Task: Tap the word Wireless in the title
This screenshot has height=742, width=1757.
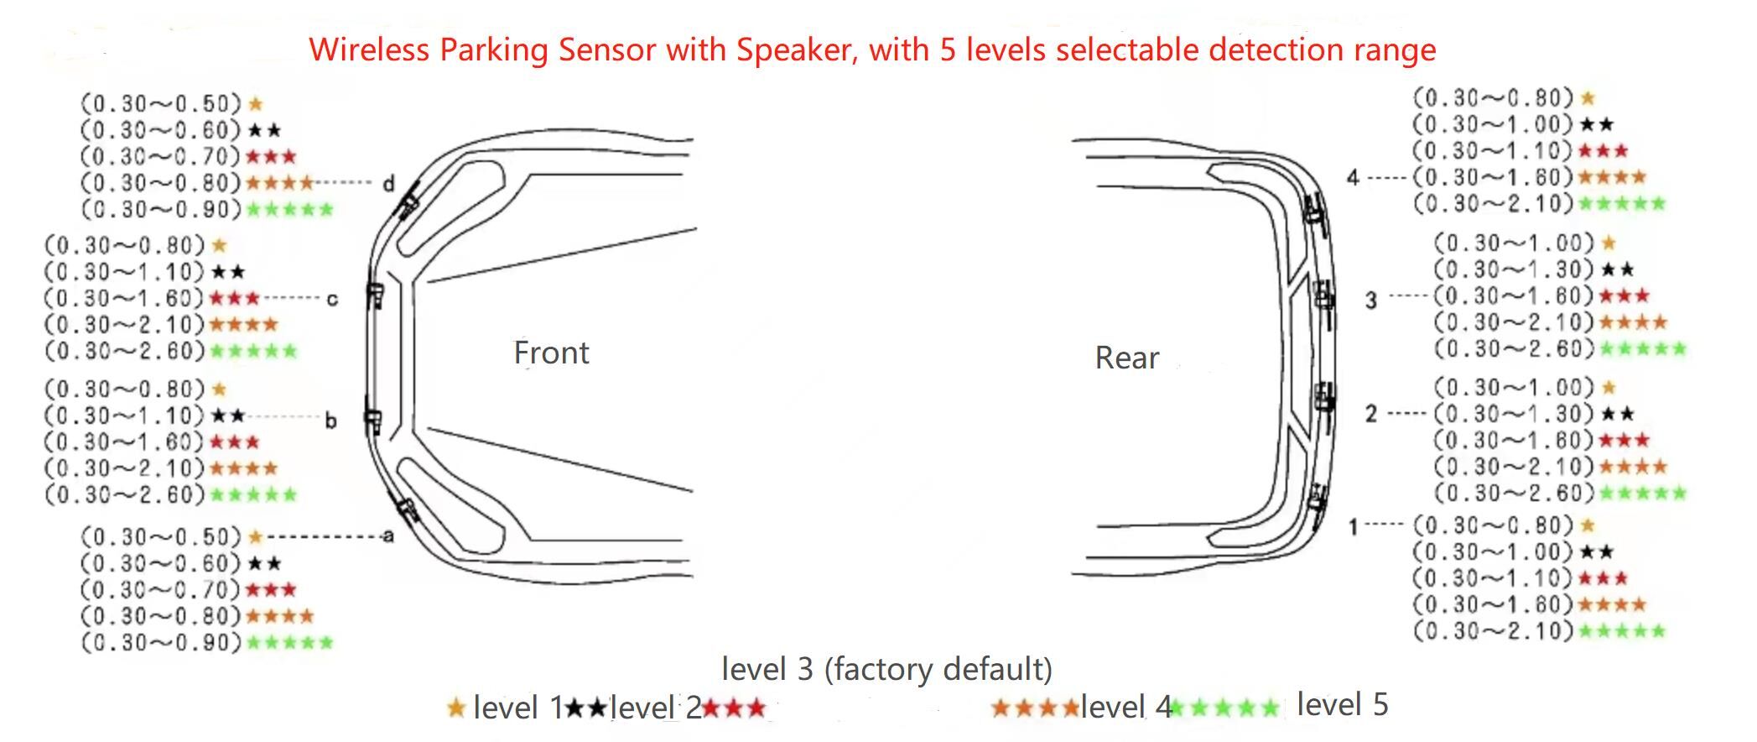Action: tap(370, 50)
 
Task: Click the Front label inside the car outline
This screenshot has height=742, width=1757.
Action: tap(551, 353)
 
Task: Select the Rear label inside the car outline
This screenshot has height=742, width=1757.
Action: tap(1126, 358)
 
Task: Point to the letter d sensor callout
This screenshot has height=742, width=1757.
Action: tap(388, 183)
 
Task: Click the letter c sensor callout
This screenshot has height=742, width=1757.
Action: tap(332, 299)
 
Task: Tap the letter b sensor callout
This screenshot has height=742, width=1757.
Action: tap(330, 420)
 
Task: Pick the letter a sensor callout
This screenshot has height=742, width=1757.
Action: tap(387, 536)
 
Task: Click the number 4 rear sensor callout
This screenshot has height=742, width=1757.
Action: tap(1353, 177)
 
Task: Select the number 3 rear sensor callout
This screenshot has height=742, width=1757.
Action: tap(1370, 300)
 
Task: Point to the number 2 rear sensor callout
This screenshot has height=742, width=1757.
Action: tap(1370, 413)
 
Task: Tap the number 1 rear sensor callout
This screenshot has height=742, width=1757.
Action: tap(1352, 526)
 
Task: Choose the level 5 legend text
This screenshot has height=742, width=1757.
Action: tap(1342, 704)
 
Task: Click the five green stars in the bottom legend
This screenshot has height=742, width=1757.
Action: tap(1224, 708)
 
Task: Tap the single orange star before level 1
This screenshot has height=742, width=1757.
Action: tap(456, 708)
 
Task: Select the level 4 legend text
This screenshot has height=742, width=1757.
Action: tap(1125, 707)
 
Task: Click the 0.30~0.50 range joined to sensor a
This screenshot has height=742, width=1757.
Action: tap(161, 536)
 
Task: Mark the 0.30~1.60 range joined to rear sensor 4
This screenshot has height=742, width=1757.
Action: tap(1492, 177)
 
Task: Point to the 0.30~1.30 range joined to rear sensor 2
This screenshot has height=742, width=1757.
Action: tap(1513, 414)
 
